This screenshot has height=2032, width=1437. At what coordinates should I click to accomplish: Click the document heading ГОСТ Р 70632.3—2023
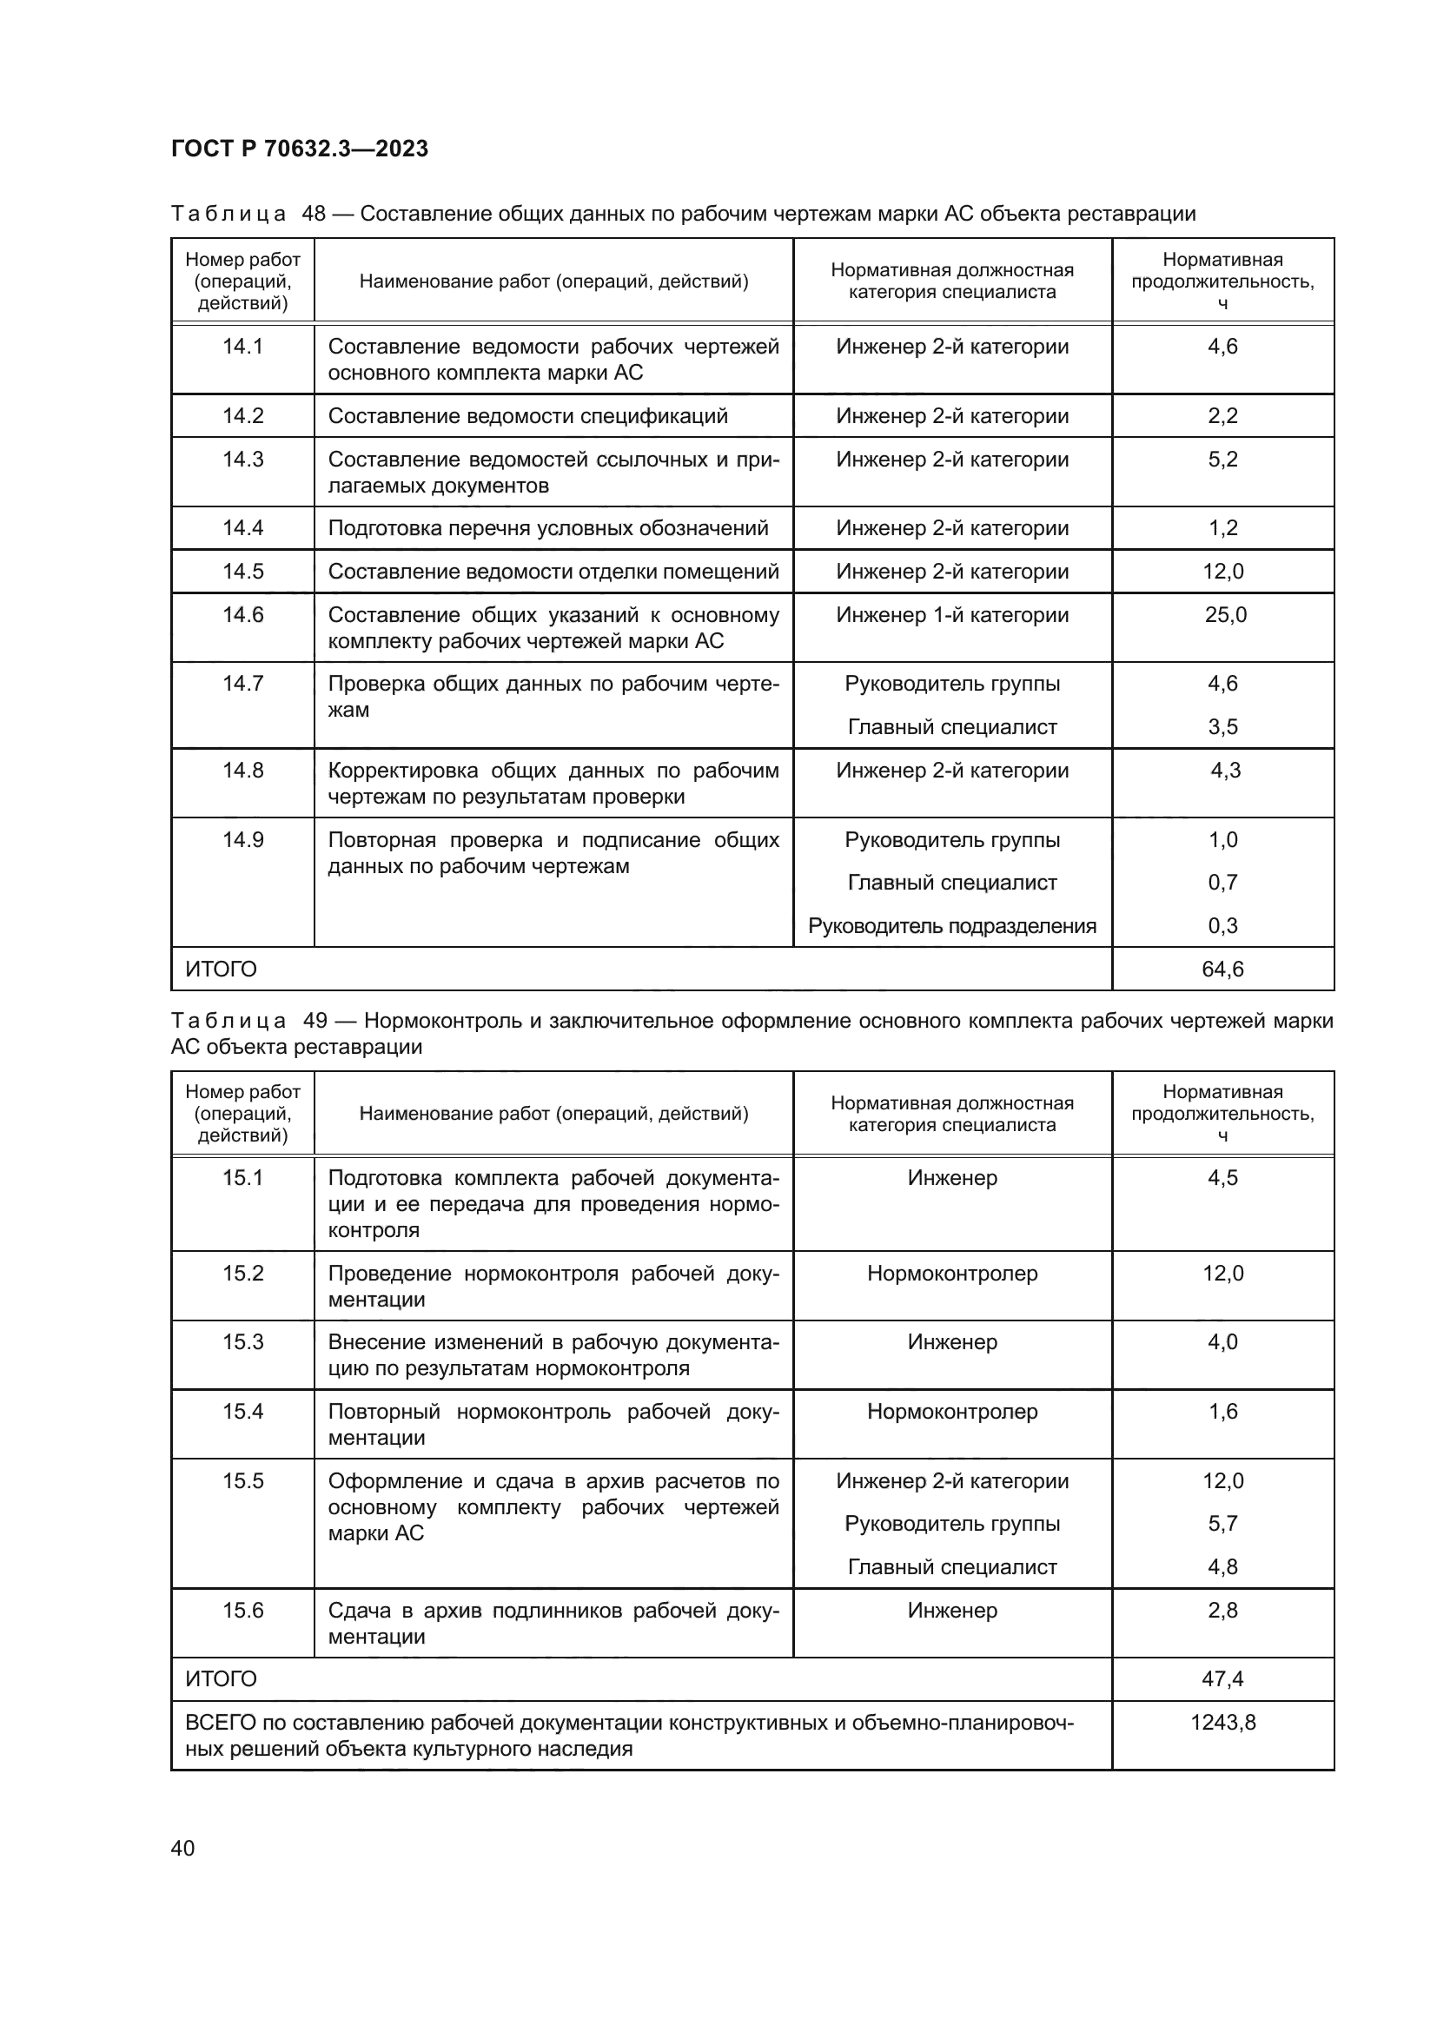299,149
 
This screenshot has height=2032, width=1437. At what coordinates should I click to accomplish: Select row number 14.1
242,346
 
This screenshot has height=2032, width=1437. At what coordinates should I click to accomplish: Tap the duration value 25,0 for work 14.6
1225,614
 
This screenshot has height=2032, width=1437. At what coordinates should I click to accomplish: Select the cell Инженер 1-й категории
952,614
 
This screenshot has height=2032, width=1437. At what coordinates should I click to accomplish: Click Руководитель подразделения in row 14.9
952,926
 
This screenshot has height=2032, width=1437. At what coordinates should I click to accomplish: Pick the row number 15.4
242,1411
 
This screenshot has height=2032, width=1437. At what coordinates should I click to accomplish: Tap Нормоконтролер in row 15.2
952,1273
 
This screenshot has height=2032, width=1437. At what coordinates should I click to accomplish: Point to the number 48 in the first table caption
314,214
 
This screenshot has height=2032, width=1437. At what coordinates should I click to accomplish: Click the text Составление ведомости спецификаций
527,416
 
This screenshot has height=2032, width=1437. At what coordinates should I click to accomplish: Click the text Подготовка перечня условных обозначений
547,528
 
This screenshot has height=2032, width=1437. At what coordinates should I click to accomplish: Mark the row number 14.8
242,770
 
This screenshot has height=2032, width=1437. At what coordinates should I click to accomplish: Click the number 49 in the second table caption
315,1021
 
